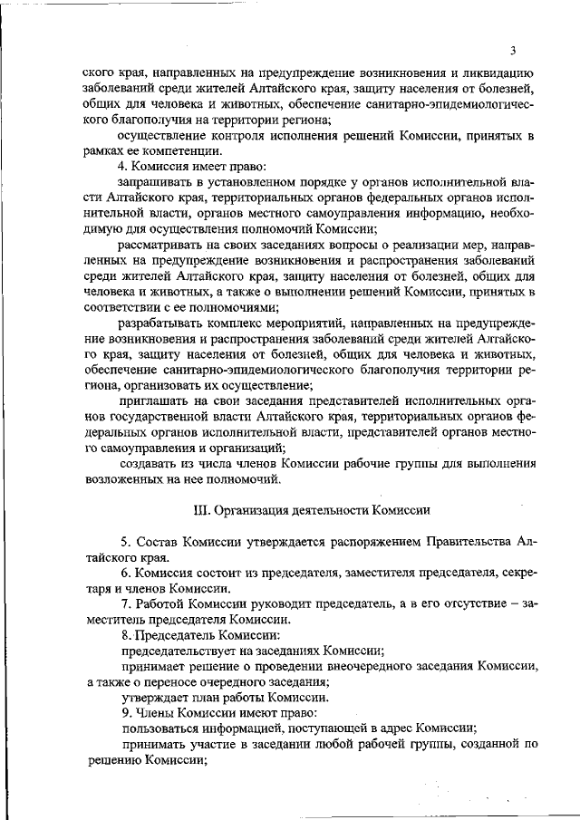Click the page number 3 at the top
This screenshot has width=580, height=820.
point(513,50)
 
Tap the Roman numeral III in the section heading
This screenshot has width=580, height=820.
point(202,509)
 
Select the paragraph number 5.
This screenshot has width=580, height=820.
point(123,543)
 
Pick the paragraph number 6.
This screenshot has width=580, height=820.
point(123,574)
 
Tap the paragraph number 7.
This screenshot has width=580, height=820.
point(123,604)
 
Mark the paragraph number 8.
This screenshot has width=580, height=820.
point(123,635)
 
